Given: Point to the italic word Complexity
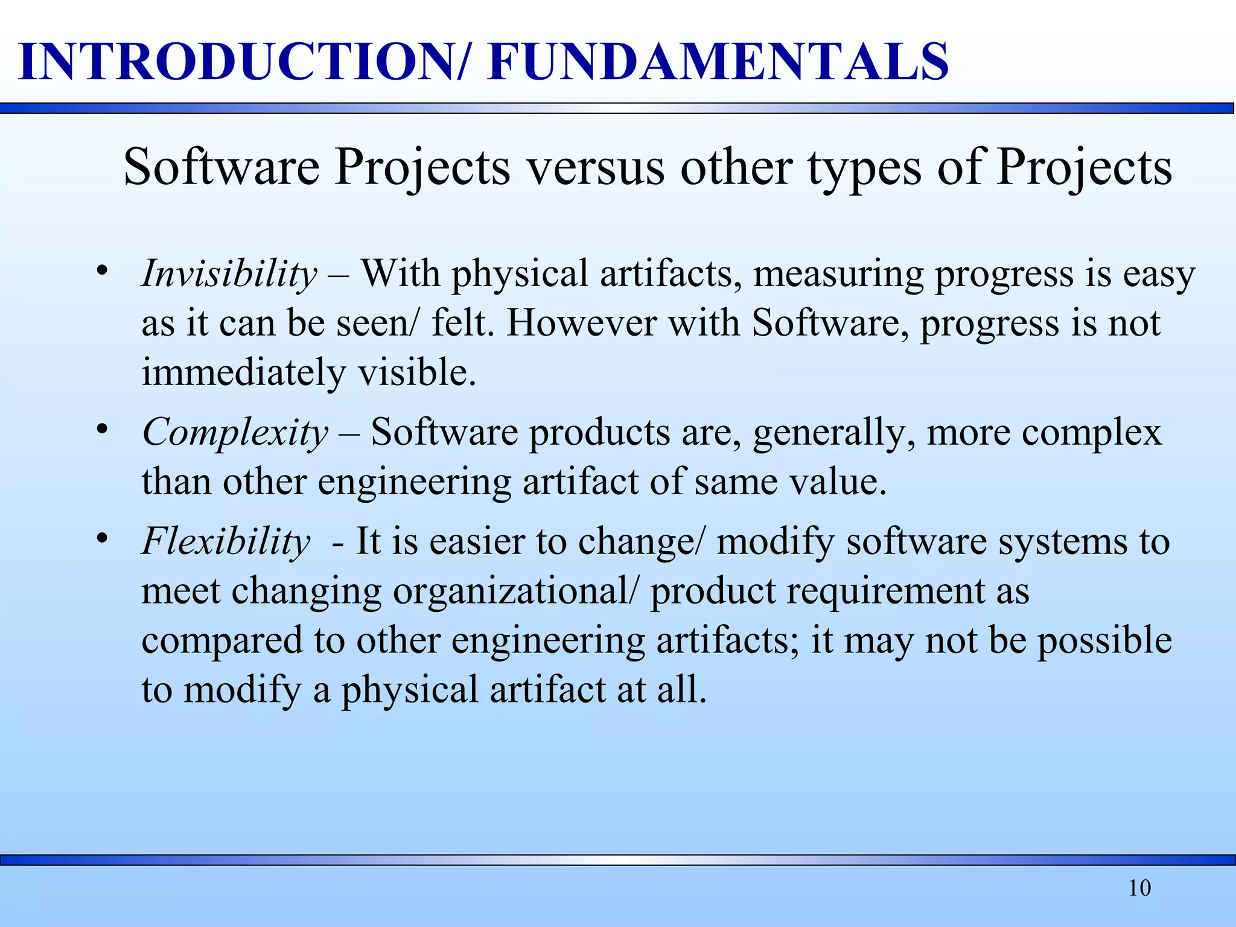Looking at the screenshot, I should [235, 433].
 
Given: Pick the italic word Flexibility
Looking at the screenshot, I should [226, 541].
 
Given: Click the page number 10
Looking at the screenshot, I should [1139, 888].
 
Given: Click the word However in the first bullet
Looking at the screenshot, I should [581, 323].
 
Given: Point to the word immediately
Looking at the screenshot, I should [243, 373].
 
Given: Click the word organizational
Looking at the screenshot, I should [509, 591].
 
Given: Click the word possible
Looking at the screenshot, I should [1104, 640].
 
